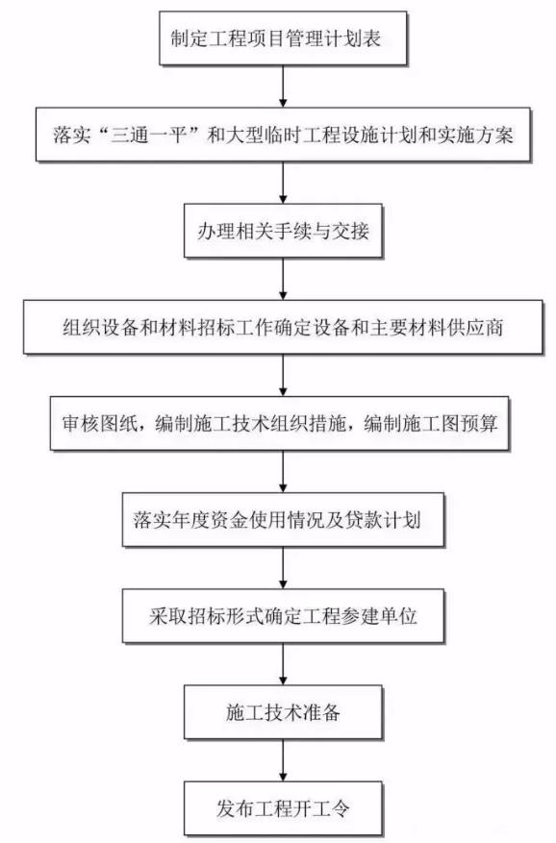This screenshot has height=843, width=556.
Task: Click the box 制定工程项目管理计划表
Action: [x=283, y=38]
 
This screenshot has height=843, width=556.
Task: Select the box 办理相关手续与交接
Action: [x=283, y=231]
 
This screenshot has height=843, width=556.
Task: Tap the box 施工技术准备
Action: [x=283, y=712]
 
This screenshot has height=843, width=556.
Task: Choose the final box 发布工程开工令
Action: [x=283, y=808]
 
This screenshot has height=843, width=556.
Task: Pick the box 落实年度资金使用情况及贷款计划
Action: [x=283, y=519]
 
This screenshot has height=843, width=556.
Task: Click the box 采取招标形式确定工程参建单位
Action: [x=283, y=615]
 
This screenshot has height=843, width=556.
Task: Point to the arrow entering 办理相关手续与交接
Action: [x=283, y=183]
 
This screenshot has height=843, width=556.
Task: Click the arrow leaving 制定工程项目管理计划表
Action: [x=283, y=86]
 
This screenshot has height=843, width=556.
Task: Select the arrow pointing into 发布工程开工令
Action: [x=283, y=760]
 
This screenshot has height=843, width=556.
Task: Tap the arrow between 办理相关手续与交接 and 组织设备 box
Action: [x=283, y=279]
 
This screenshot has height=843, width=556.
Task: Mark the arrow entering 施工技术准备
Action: [x=283, y=664]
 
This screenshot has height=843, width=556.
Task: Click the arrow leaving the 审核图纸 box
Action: [x=283, y=472]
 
